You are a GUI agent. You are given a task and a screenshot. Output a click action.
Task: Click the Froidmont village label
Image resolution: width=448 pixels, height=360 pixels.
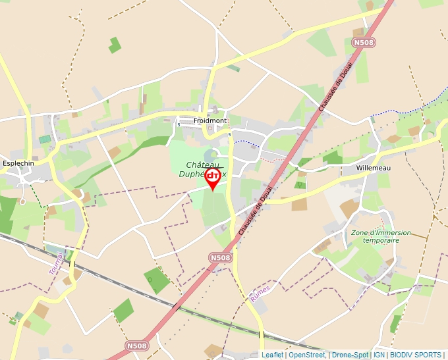[210, 121]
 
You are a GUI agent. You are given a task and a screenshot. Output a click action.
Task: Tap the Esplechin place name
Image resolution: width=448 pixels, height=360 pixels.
[18, 163]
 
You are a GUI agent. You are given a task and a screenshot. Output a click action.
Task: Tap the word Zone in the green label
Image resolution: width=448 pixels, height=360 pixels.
[359, 232]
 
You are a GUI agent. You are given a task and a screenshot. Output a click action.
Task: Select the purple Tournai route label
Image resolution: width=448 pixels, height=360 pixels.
[57, 263]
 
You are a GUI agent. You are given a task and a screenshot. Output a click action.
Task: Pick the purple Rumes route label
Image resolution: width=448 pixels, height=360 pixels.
[260, 294]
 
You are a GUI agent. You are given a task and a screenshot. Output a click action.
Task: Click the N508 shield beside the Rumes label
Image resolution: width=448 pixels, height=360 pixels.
[221, 258]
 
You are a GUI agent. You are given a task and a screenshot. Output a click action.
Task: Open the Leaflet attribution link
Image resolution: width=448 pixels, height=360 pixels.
[273, 355]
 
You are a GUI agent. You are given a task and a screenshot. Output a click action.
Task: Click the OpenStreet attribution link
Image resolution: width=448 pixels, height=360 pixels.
[307, 355]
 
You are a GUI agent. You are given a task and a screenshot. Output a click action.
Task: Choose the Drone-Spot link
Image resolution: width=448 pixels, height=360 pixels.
[350, 355]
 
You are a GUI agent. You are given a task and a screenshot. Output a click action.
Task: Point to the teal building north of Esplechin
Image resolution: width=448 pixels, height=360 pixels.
[44, 140]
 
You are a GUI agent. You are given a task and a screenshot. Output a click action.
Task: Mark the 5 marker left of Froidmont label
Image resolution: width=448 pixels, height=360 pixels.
[178, 124]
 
